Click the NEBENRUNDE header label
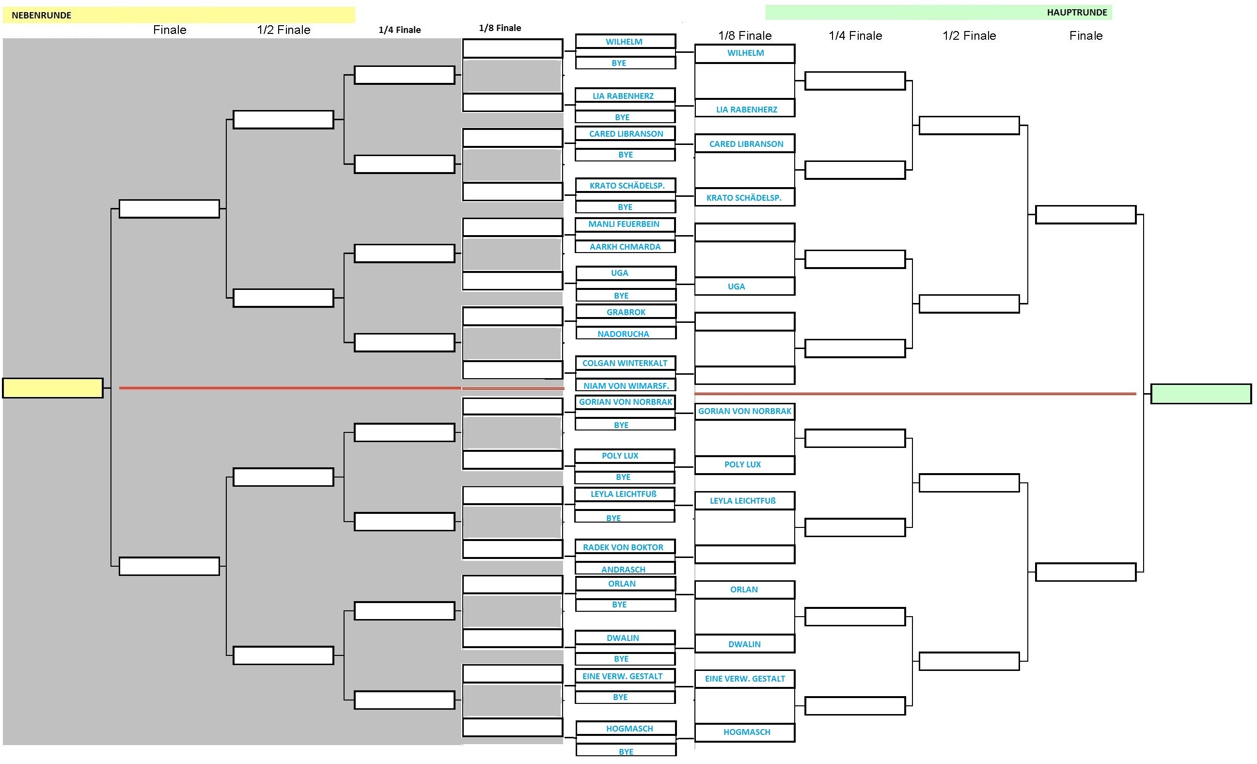click(41, 16)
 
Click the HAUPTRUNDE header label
click(1077, 12)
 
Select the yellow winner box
click(52, 388)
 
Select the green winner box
click(1201, 394)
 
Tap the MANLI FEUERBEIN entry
click(625, 224)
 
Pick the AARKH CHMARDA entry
click(625, 246)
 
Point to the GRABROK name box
click(626, 311)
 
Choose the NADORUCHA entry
click(626, 333)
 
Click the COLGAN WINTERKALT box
click(626, 363)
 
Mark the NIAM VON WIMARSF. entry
click(626, 385)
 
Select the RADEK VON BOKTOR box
click(625, 547)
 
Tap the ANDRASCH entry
click(625, 569)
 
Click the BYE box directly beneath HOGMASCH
click(626, 750)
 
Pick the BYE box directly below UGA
click(626, 295)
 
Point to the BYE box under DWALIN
click(625, 659)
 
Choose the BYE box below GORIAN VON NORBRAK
click(625, 425)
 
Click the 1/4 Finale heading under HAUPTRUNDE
click(855, 36)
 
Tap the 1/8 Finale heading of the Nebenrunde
click(500, 28)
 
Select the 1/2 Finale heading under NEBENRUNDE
click(283, 30)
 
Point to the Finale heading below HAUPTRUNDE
click(1086, 36)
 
